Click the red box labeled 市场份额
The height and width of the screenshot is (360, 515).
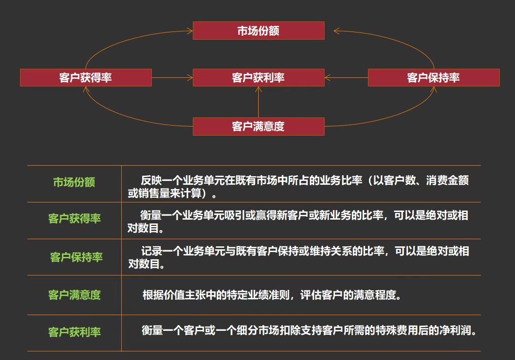(x=258, y=31)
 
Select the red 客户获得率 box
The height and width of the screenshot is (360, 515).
(x=86, y=77)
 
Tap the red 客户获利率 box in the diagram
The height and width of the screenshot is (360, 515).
(x=258, y=77)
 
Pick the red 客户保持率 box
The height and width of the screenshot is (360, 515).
(x=433, y=77)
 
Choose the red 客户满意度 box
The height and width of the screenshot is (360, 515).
(x=258, y=127)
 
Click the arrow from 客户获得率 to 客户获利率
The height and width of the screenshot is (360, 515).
(x=172, y=77)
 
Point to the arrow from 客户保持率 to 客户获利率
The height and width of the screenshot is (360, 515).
(x=346, y=77)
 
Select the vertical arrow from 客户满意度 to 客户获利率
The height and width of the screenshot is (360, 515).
(x=258, y=102)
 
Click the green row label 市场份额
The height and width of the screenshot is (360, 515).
(x=74, y=182)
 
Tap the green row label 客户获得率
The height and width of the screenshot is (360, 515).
(x=74, y=219)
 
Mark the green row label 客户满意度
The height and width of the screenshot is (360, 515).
(x=74, y=295)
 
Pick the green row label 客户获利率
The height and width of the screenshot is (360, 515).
(x=74, y=332)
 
